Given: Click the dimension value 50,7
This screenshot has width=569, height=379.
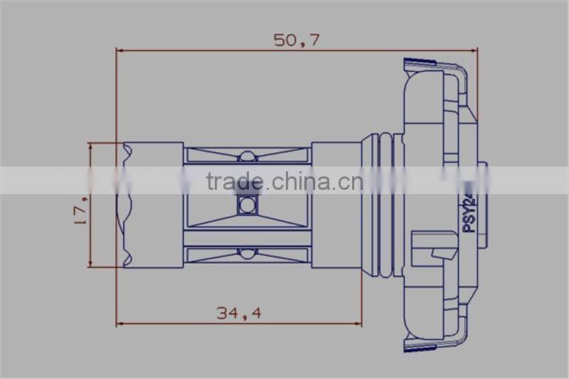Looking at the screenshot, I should pyautogui.click(x=297, y=40).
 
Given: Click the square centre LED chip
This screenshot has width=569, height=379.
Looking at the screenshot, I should pyautogui.click(x=247, y=205).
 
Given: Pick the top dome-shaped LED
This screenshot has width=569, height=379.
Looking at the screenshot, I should pyautogui.click(x=247, y=156).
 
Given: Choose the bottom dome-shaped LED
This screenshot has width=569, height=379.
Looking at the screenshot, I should pyautogui.click(x=247, y=253).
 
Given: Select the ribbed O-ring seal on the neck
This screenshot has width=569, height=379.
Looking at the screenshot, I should pyautogui.click(x=385, y=205).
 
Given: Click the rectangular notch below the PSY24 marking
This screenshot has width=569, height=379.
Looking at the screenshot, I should pyautogui.click(x=443, y=250).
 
